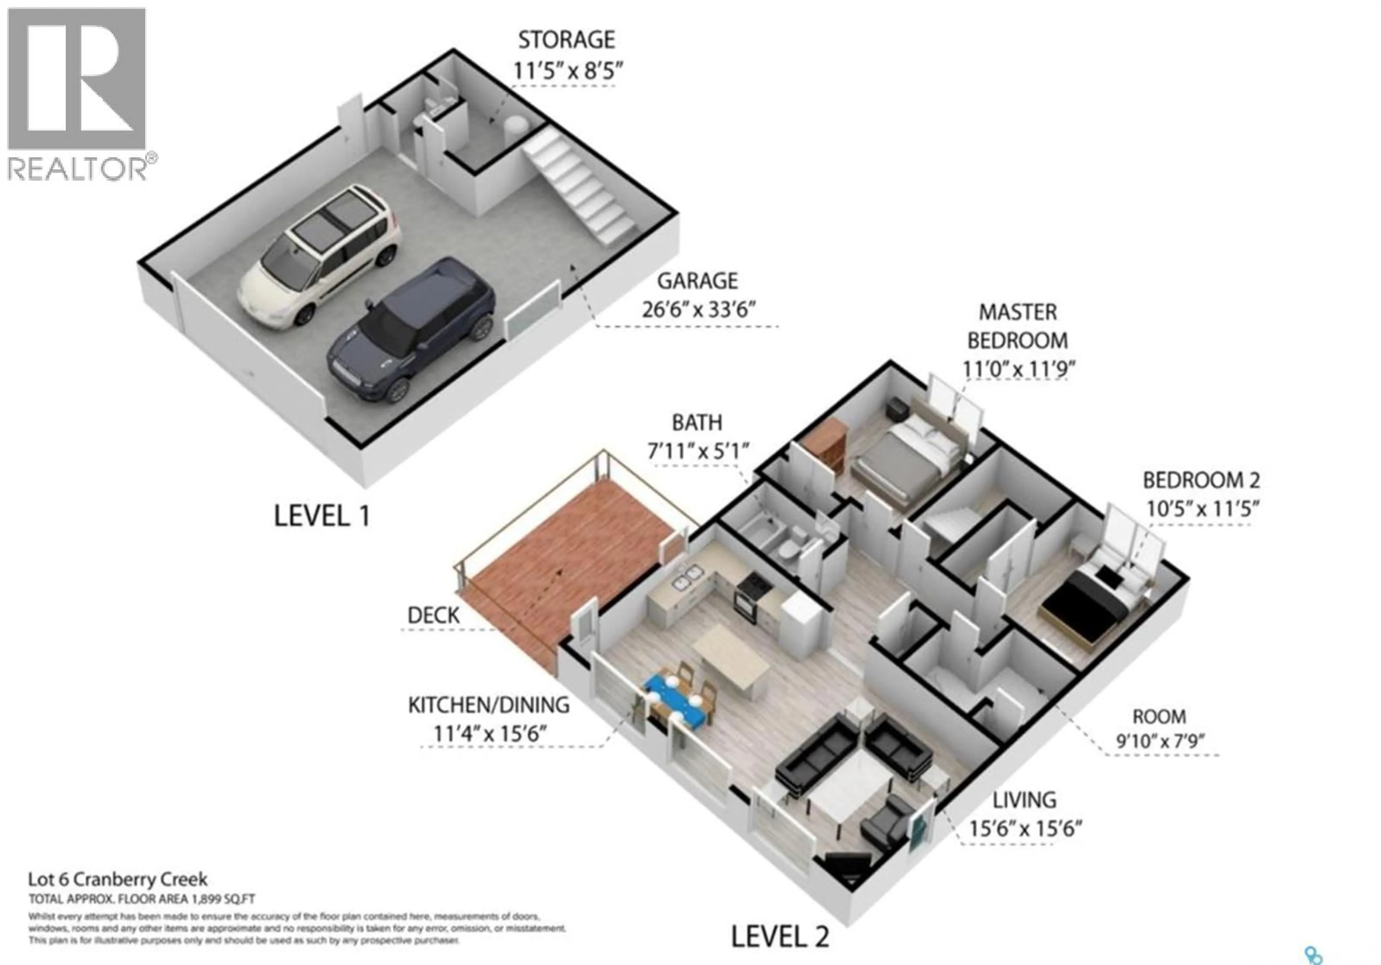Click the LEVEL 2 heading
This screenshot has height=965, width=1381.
point(780,937)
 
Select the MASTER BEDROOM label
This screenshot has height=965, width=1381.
point(1018,327)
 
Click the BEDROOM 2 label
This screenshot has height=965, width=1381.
point(1201,480)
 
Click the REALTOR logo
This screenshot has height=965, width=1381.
point(77,93)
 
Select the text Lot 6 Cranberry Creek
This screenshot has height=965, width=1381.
point(118,879)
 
